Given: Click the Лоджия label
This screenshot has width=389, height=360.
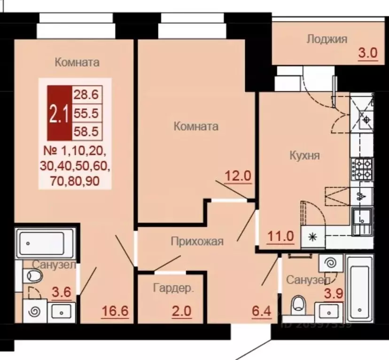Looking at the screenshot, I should point(327,39).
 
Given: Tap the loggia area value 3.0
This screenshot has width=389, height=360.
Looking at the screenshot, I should point(368,53).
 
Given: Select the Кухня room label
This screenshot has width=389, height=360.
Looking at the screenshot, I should point(304,155).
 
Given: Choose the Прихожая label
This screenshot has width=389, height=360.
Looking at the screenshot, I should point(196,242).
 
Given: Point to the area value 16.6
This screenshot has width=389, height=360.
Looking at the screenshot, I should point(116,311).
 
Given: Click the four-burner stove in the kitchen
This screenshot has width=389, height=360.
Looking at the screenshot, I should point(361,169).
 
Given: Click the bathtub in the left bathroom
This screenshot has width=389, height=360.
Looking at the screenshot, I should point(45,243).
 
